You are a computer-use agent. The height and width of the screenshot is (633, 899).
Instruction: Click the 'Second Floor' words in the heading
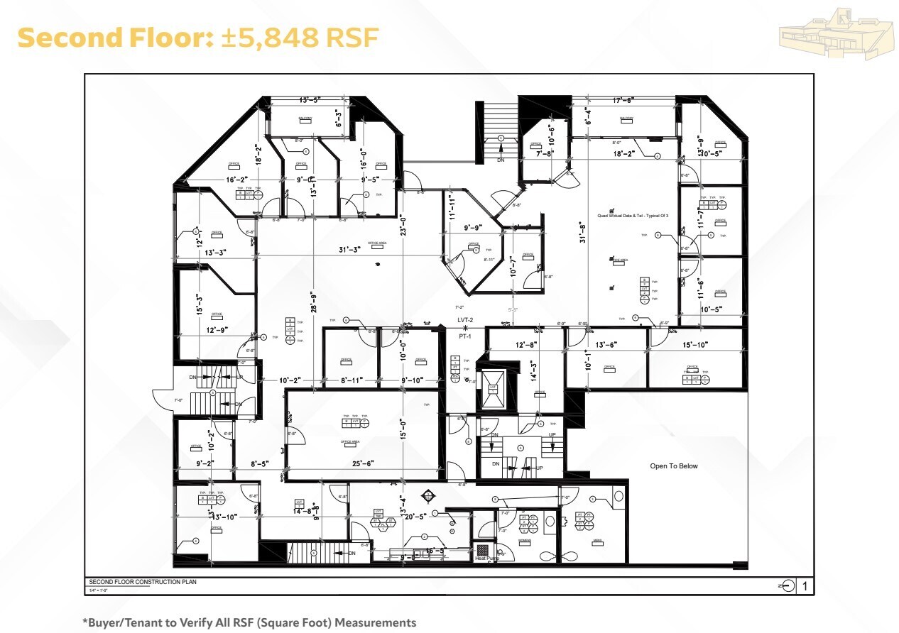tap(111, 38)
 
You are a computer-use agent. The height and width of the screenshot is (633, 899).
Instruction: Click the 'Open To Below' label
tap(673, 466)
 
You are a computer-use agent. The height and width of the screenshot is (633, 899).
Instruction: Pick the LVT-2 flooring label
tap(465, 321)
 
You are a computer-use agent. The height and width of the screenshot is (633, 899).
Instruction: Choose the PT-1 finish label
tap(465, 336)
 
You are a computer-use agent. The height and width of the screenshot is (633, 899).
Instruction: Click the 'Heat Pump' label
tap(487, 558)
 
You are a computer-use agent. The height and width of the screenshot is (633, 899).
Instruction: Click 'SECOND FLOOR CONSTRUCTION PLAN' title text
tap(142, 582)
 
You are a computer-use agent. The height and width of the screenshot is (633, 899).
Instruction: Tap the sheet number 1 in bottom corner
tap(805, 586)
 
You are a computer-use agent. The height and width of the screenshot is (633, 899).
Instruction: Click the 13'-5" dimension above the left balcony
tap(312, 100)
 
